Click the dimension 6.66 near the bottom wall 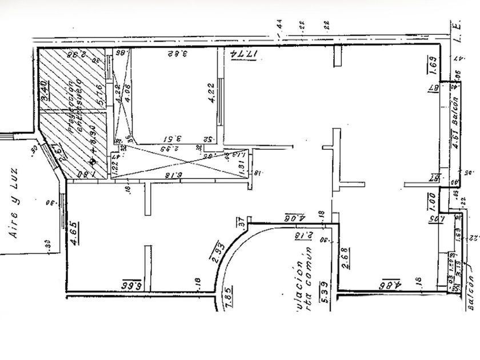click(131, 284)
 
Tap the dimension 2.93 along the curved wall click(217, 253)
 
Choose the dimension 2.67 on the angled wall click(57, 150)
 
